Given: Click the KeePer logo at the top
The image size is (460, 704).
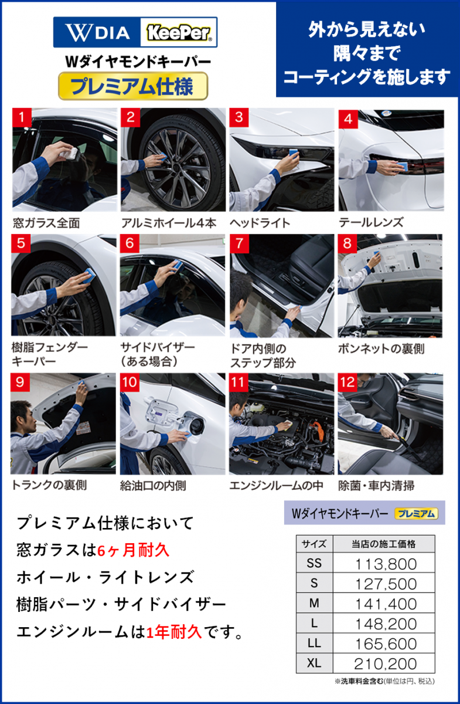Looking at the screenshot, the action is [178, 32].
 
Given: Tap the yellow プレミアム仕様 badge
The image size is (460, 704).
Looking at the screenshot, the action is [133, 86].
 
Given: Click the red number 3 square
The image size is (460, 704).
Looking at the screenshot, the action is [239, 117].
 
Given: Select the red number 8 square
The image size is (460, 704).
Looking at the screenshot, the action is [347, 243].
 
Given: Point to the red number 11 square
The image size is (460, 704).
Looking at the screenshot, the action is [238, 383].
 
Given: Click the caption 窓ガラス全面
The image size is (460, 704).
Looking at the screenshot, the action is [46, 223].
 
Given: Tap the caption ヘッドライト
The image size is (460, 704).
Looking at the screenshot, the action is [260, 223].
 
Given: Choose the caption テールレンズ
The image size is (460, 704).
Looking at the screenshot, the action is [371, 222].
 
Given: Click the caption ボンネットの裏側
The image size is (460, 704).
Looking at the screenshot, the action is [381, 349].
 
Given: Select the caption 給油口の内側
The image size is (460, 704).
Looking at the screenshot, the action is [153, 486].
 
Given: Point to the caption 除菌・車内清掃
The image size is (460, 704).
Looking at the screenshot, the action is [376, 486].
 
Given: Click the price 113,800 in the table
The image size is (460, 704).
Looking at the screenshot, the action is [386, 564].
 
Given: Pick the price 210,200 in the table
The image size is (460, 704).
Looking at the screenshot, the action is [385, 664].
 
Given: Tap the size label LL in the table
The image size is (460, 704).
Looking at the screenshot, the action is [314, 644].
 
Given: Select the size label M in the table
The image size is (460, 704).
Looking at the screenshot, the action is [314, 604].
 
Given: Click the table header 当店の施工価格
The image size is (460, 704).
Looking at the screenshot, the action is [384, 544].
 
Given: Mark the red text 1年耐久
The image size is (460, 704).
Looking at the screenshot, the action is [174, 632].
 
